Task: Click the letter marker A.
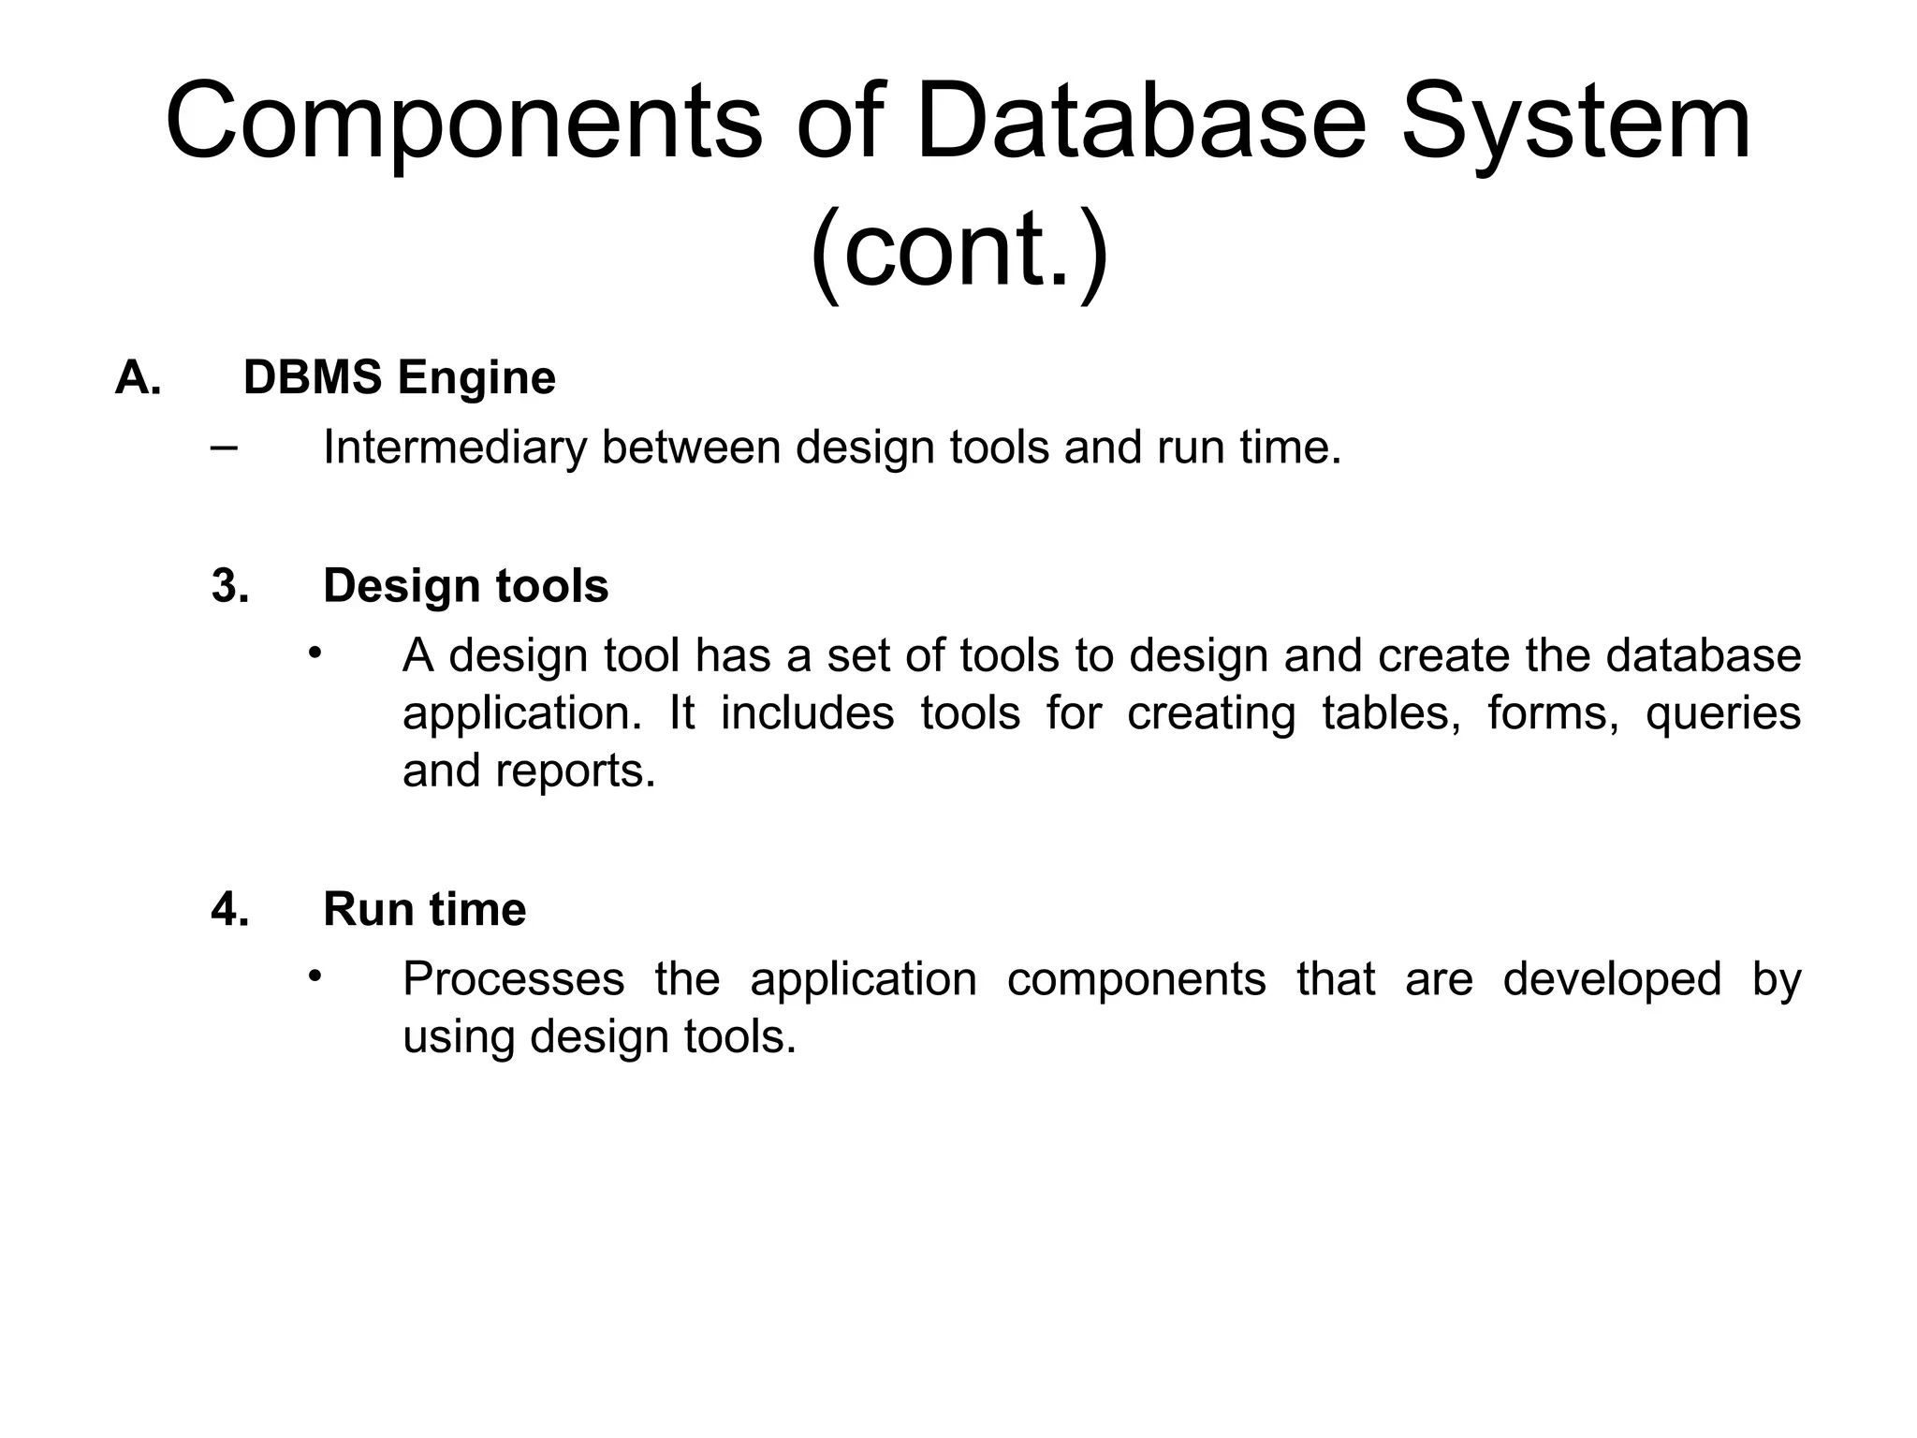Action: click(138, 378)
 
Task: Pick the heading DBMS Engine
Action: click(399, 378)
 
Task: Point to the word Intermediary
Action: click(454, 448)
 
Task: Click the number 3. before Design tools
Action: click(230, 586)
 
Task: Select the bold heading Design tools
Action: click(465, 586)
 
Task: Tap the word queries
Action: click(1722, 713)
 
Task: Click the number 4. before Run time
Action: click(230, 909)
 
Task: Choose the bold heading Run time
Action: click(424, 909)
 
